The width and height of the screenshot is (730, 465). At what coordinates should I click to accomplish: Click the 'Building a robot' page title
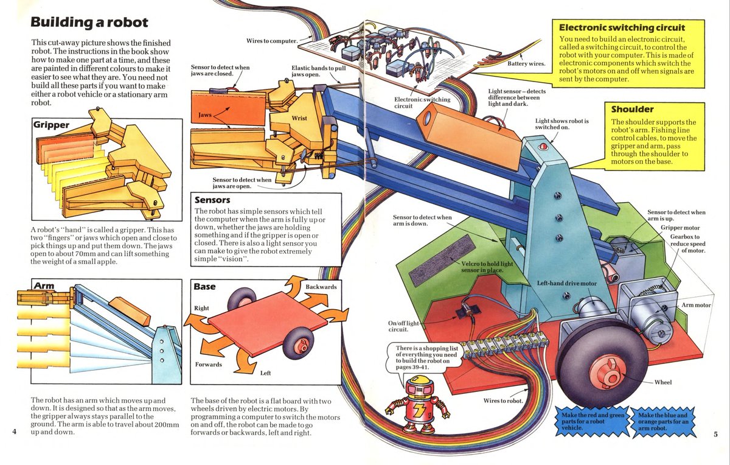(x=89, y=23)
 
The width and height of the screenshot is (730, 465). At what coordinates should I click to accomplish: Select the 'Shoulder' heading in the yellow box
(x=632, y=109)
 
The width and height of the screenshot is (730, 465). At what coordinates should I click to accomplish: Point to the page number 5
(x=715, y=433)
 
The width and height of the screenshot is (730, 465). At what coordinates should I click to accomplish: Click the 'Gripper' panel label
(x=51, y=125)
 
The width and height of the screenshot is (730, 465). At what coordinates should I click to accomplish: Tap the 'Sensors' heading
(x=212, y=200)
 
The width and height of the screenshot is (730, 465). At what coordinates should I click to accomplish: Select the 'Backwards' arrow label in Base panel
(x=321, y=286)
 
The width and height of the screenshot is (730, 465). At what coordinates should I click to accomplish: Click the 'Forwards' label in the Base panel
(x=208, y=365)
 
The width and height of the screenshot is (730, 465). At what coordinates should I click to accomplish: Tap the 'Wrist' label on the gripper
(x=299, y=117)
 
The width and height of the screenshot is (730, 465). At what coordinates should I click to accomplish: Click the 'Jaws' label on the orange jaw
(x=205, y=114)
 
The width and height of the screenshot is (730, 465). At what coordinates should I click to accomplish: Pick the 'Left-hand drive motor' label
(x=566, y=284)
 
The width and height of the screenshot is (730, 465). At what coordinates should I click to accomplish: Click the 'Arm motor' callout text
(x=696, y=304)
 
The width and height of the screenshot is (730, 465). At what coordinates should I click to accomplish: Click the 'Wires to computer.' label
(x=271, y=41)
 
